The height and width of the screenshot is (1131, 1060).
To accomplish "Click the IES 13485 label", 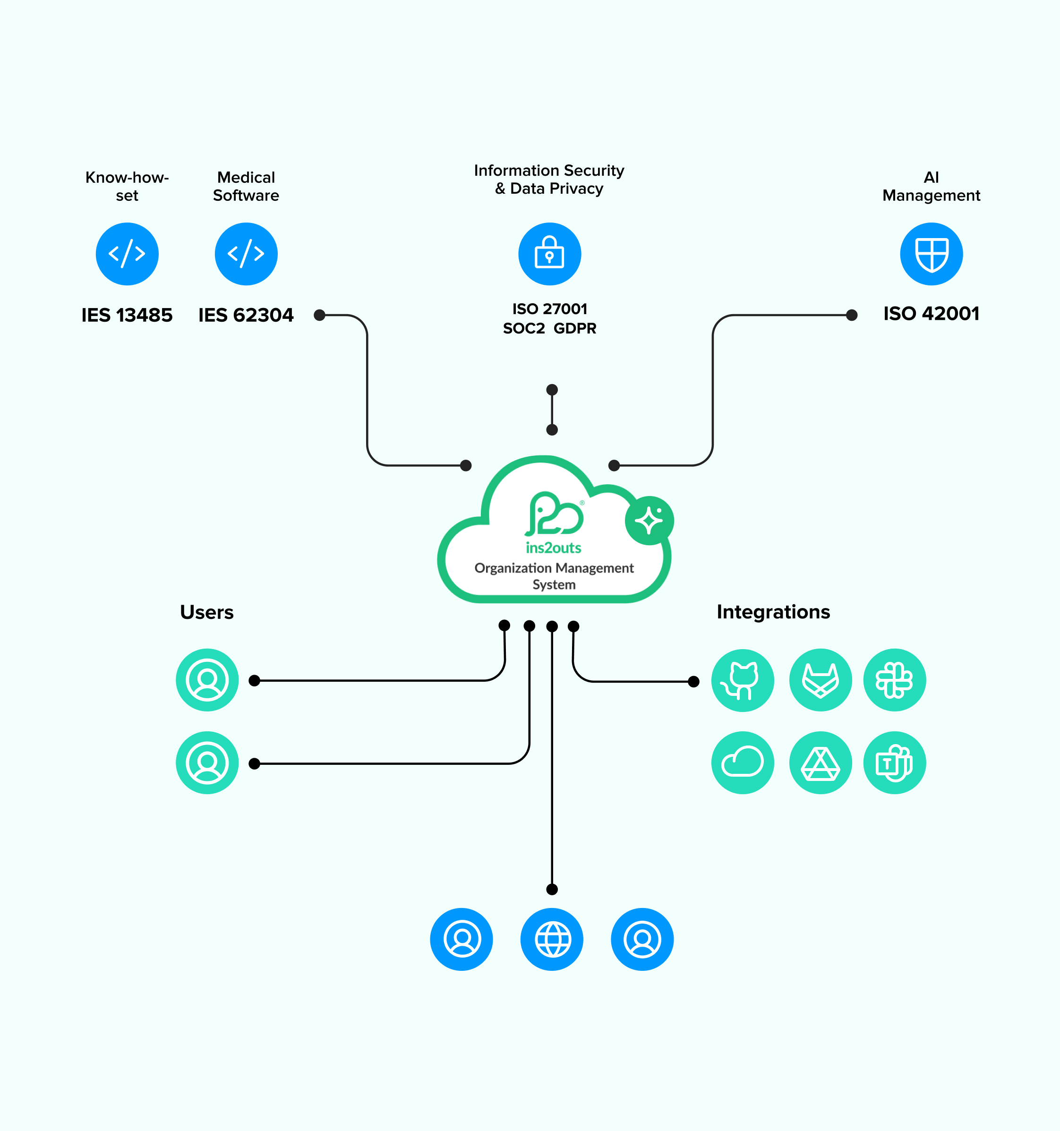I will (127, 315).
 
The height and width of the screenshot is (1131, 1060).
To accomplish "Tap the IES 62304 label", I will (246, 315).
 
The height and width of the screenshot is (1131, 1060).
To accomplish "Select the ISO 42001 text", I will (931, 314).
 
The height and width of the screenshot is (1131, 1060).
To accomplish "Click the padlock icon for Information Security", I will (550, 254).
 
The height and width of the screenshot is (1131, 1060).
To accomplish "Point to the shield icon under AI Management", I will (931, 254).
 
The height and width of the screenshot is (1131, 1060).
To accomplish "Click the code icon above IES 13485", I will (127, 254).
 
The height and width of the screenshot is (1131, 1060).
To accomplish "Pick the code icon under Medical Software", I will (246, 254).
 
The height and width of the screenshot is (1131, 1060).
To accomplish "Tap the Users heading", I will (206, 612).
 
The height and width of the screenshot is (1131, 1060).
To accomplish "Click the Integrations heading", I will (773, 612).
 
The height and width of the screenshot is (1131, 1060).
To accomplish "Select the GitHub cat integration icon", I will (742, 680).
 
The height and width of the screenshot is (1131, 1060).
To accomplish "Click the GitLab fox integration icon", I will (820, 680).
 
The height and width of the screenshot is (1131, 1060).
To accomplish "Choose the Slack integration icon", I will (894, 680).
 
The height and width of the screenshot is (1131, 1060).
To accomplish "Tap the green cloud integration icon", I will (742, 763).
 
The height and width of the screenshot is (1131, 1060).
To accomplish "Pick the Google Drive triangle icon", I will (820, 763).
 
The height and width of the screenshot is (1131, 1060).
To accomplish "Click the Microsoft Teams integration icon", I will (894, 763).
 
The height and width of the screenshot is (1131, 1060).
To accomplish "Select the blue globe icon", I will (551, 939).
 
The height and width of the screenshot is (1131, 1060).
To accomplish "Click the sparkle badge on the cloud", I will (649, 521).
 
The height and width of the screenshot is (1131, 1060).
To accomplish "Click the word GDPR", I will (575, 329).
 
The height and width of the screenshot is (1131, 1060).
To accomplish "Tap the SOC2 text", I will (523, 329).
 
